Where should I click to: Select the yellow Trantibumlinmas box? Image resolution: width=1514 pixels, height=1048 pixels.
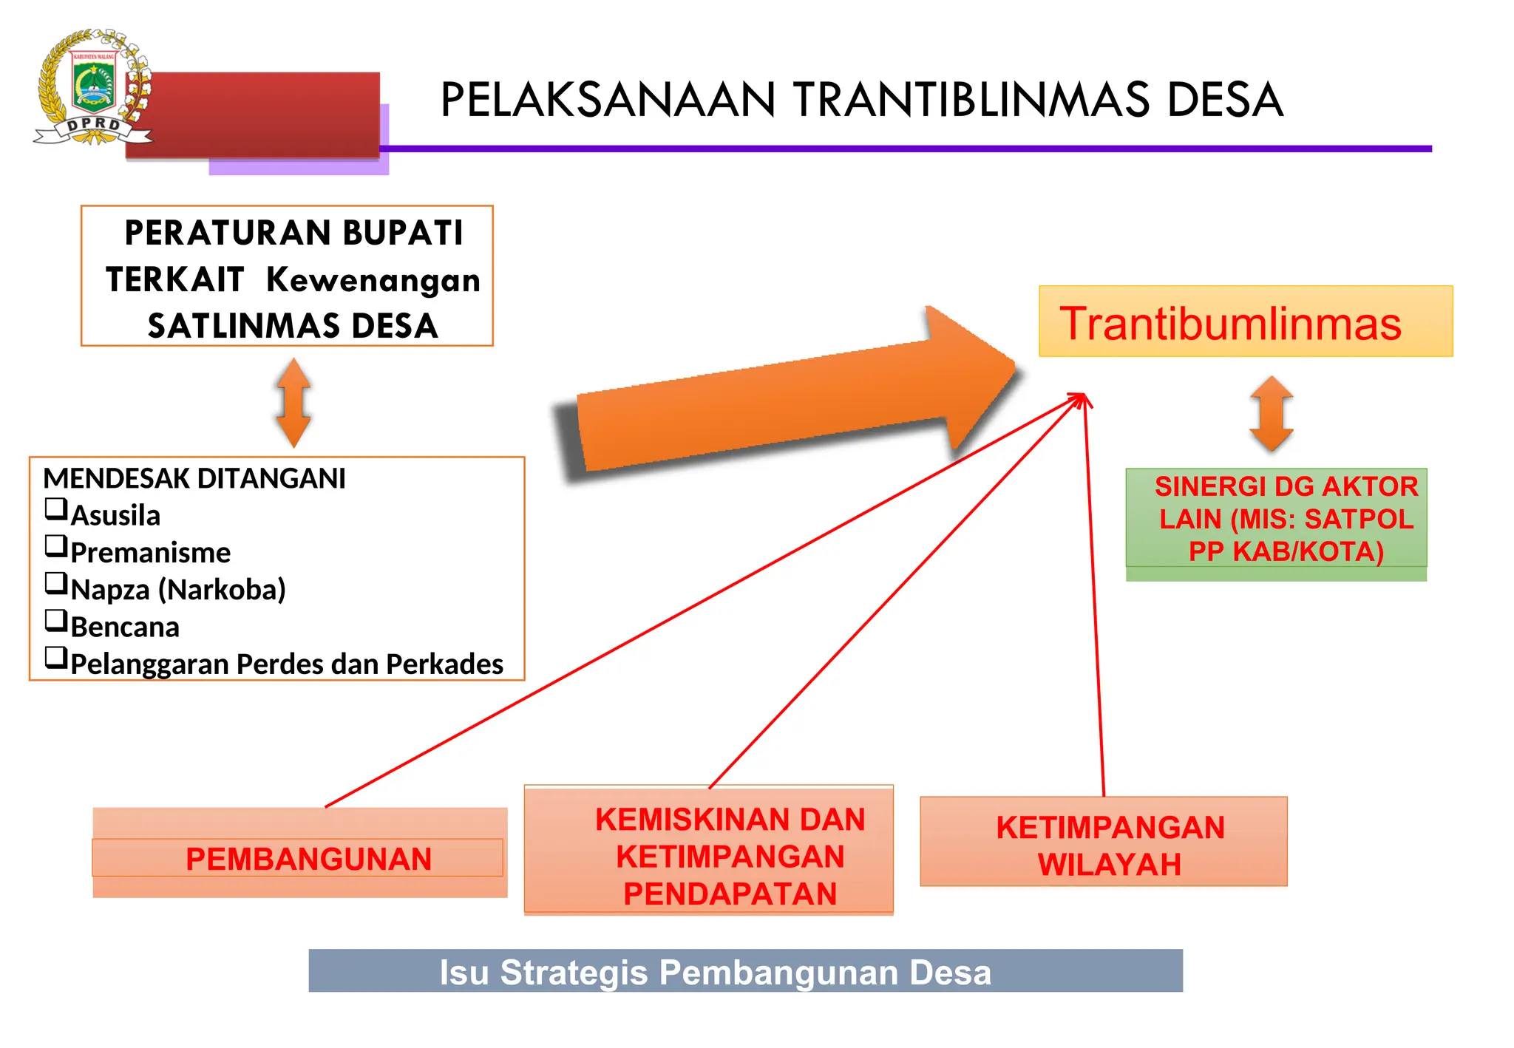point(1245,322)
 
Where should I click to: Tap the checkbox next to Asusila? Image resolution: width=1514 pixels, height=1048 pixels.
point(56,509)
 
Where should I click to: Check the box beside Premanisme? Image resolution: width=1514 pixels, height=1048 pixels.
point(56,546)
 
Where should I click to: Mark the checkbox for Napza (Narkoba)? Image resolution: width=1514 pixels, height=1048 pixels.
point(56,583)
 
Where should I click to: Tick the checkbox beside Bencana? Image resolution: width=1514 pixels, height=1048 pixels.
point(56,620)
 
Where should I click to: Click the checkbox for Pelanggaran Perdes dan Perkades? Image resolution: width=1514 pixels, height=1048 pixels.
point(56,657)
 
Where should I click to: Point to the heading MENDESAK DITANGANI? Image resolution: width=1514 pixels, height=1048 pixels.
point(194,479)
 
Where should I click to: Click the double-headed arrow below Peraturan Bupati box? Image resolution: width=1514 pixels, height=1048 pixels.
point(293,403)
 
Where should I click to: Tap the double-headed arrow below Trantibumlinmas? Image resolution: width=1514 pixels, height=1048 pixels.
point(1271,414)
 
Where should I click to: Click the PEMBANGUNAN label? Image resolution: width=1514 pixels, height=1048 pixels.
point(308,859)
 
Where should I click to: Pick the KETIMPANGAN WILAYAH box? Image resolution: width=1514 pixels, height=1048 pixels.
point(1103,842)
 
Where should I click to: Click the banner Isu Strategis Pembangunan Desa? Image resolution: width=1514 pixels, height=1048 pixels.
point(745,971)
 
